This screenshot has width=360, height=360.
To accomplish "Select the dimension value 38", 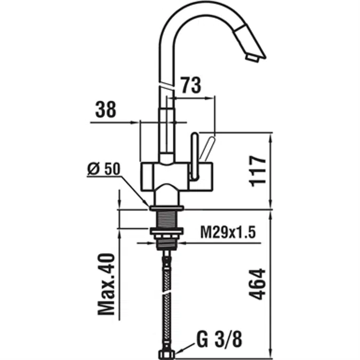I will click(x=106, y=110).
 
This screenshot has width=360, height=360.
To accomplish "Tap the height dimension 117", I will click(x=258, y=170).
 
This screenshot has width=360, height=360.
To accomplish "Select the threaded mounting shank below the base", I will click(x=166, y=219).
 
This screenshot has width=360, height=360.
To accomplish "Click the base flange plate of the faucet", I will click(x=166, y=208).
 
